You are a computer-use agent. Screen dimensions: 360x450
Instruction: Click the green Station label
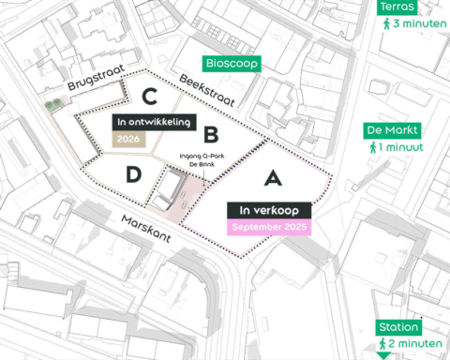coord(398,327)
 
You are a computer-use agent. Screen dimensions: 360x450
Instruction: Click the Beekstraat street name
coord(205,90)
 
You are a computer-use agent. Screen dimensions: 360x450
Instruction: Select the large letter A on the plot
coord(272,177)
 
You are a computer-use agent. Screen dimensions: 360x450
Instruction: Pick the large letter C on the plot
coord(148,95)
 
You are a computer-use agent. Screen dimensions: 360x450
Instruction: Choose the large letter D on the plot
coord(134,174)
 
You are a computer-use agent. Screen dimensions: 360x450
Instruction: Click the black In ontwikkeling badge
coord(154,123)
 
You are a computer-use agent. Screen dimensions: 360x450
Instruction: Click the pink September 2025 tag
coord(269,227)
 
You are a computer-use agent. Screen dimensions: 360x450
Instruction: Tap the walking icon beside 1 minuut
coord(374,148)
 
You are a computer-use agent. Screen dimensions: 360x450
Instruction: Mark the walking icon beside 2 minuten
coord(385,345)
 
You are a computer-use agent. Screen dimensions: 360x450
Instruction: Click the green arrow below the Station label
coord(382,356)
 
